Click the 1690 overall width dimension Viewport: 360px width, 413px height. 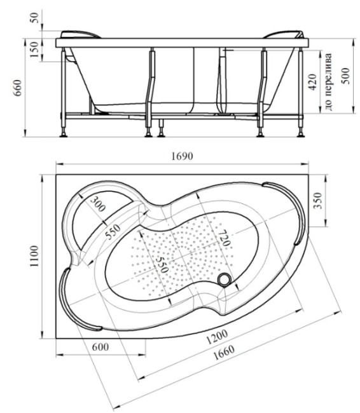(x=182, y=156)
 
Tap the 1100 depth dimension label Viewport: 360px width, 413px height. (x=34, y=256)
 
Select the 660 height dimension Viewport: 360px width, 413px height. (x=18, y=88)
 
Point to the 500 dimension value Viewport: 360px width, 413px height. (x=345, y=76)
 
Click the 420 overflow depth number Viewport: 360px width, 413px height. (x=312, y=82)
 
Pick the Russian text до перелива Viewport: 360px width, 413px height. (x=329, y=82)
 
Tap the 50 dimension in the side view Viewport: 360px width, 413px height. (x=34, y=17)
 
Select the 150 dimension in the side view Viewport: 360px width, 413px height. (x=34, y=50)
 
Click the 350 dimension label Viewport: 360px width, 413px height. (x=319, y=200)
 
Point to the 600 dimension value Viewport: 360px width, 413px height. (x=100, y=347)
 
